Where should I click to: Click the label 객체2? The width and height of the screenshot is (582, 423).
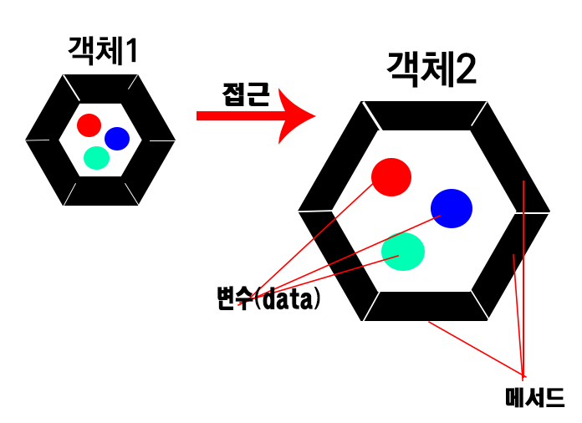pos(431,70)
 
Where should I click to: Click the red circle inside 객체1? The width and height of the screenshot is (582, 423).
pos(89,125)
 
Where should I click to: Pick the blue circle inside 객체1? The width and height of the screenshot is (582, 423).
pos(116,138)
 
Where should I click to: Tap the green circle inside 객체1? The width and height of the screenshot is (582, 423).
pos(97,157)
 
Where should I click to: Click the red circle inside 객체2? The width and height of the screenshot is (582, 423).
pos(391,176)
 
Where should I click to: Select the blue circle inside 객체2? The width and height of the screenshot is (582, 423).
pos(452,208)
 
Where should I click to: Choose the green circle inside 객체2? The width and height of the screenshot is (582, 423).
pos(403,251)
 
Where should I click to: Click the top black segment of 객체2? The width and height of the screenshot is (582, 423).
pos(425,115)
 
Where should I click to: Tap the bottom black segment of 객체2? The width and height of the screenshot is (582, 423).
pos(425,306)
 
